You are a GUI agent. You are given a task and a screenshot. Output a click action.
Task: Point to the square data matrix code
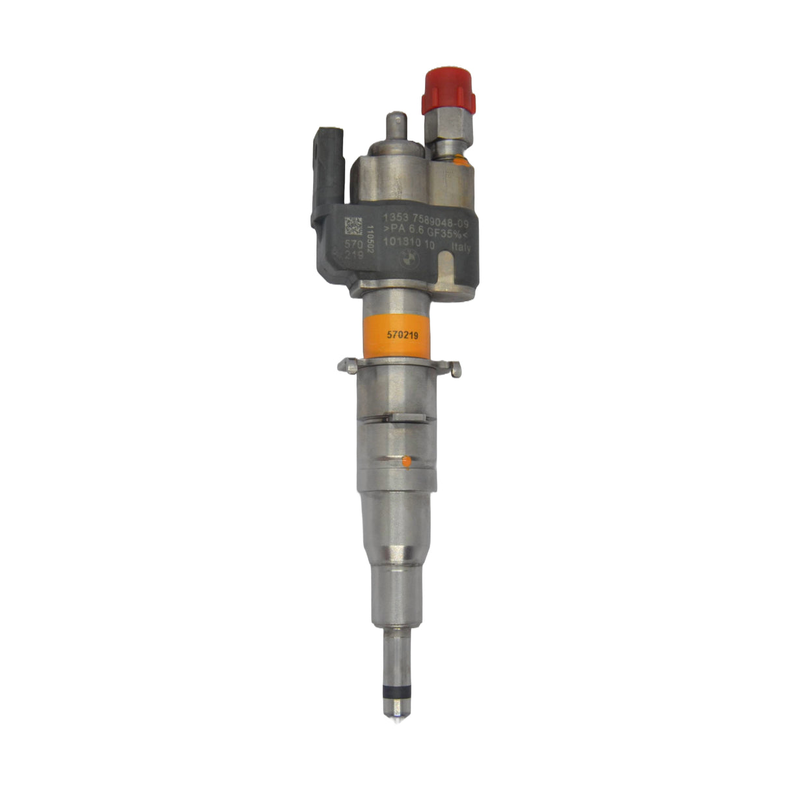point(353,226)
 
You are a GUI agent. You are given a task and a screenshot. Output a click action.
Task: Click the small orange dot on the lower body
point(406,462)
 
